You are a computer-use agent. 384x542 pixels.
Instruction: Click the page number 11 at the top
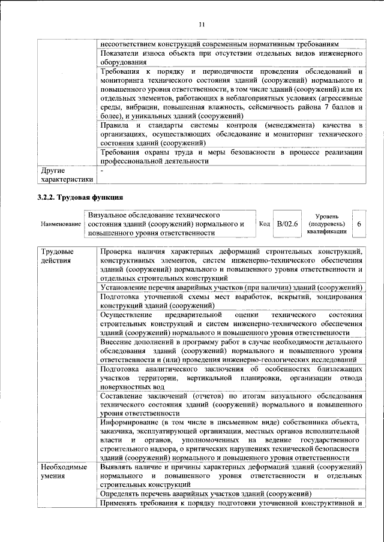pyautogui.click(x=202, y=24)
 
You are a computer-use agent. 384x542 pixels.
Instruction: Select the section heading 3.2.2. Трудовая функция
pyautogui.click(x=80, y=197)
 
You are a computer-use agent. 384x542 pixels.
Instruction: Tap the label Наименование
pyautogui.click(x=61, y=224)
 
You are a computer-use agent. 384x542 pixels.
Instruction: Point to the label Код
pyautogui.click(x=264, y=224)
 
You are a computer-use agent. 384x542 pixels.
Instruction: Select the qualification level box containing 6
pyautogui.click(x=359, y=224)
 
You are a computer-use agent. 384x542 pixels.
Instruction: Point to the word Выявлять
pyautogui.click(x=118, y=466)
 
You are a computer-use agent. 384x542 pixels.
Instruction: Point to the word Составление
pyautogui.click(x=123, y=396)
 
